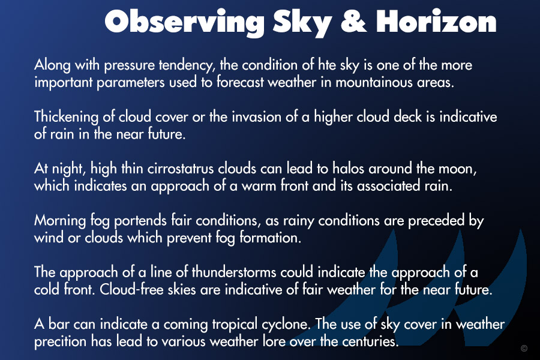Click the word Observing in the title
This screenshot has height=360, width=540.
point(184,22)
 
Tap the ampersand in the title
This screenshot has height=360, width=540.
point(353,22)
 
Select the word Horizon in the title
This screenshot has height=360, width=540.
point(436,22)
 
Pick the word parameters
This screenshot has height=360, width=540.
point(131,83)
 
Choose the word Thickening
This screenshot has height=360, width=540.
point(66,117)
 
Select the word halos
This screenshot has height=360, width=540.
point(348,169)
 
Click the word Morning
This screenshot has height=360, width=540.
point(60,221)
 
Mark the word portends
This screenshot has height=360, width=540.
point(140,221)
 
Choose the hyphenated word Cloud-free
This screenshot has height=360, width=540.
point(131,289)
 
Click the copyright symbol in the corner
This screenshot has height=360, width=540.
point(524,348)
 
